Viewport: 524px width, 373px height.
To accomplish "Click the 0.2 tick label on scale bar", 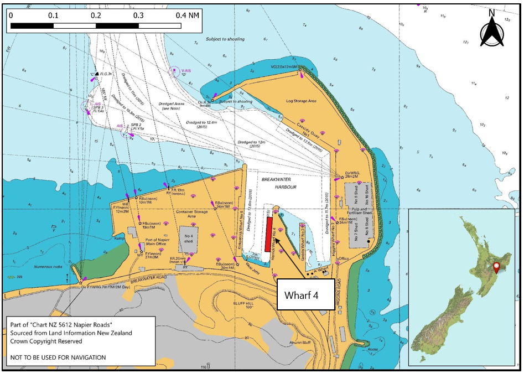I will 96,15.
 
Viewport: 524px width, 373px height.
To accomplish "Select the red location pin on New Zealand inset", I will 496,267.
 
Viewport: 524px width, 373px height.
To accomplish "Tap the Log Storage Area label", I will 300,101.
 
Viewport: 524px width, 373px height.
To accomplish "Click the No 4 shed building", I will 188,238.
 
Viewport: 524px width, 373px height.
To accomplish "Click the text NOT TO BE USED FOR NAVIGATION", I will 58,358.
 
